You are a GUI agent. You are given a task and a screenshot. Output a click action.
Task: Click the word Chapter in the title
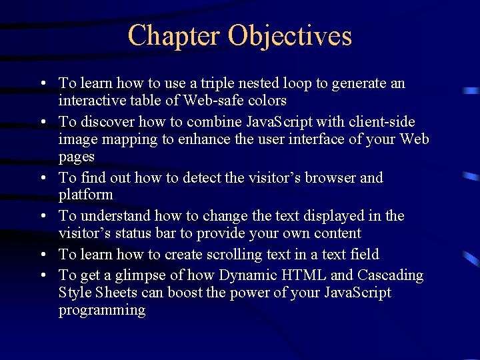tap(174, 35)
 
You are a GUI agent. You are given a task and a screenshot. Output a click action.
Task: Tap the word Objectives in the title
tap(290, 35)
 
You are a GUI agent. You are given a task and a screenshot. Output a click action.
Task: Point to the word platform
tap(86, 195)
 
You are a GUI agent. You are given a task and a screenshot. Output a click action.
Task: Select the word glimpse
tap(139, 276)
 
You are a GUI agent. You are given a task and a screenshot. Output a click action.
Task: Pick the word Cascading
tap(391, 275)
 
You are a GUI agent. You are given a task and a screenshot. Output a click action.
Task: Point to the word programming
tap(102, 311)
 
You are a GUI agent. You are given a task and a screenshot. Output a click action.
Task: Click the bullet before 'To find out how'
tap(41, 178)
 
